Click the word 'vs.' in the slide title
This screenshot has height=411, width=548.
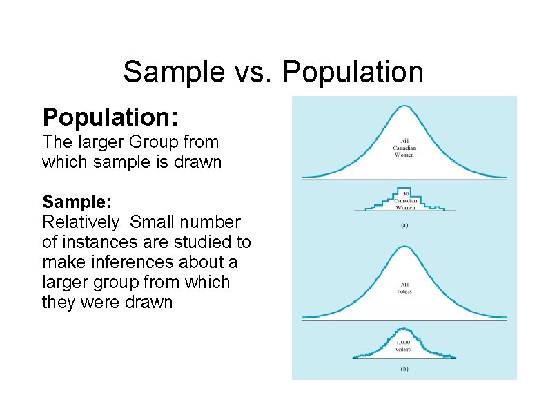point(256,72)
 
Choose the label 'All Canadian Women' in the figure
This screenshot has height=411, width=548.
point(404,148)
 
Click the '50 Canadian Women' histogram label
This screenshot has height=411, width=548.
point(405,200)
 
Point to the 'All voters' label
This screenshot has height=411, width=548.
point(404,287)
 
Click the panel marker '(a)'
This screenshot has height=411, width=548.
point(404,225)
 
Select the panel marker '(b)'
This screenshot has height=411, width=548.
point(404,369)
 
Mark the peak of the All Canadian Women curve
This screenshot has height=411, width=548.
point(404,106)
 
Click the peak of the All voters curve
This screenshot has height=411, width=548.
point(404,247)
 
